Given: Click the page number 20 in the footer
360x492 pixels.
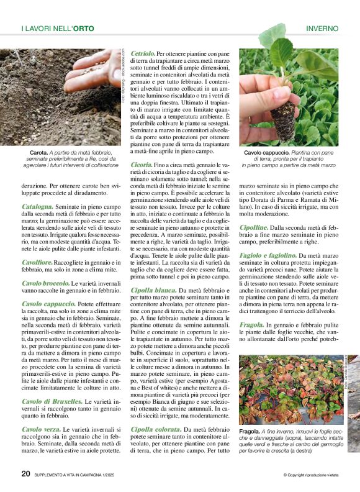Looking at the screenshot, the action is (25, 473).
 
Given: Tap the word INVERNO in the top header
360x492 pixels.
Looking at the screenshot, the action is (322, 29).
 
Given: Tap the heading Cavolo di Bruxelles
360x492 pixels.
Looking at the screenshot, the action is (52, 401).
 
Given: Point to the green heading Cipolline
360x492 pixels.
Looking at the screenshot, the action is (254, 227).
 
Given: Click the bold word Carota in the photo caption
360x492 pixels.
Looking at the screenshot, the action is (40, 152).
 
